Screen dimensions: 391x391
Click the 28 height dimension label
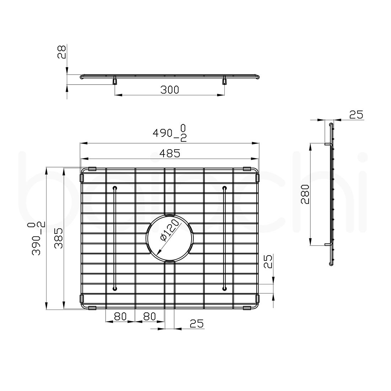tap(61, 52)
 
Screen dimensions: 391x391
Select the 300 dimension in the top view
tap(170, 90)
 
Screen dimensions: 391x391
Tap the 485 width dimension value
tap(170, 153)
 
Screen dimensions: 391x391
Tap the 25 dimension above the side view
tap(355, 114)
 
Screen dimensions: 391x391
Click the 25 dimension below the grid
tap(196, 323)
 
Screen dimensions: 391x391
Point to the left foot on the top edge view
tap(114, 81)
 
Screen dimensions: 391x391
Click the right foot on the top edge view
tap(224, 81)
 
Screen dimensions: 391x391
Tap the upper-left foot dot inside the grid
tap(114, 188)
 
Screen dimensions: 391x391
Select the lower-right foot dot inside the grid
tap(224, 289)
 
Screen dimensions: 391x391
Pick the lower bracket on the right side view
tap(327, 245)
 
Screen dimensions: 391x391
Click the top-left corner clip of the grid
tap(92, 168)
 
